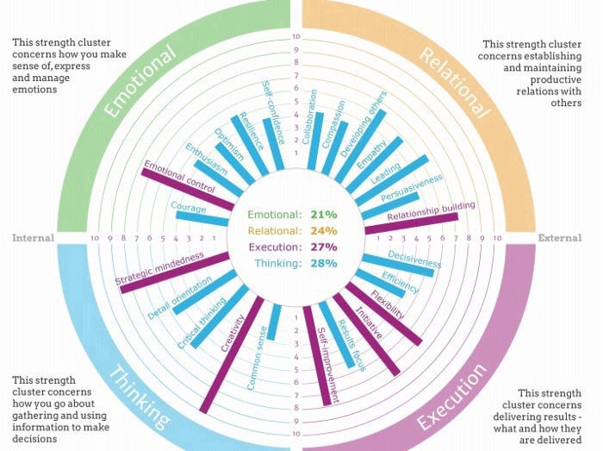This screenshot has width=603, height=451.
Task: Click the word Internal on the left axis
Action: (34, 237)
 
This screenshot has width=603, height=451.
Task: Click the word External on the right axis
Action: (560, 237)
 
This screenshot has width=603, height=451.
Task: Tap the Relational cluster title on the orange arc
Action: (455, 82)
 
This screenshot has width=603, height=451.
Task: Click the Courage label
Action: (188, 208)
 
